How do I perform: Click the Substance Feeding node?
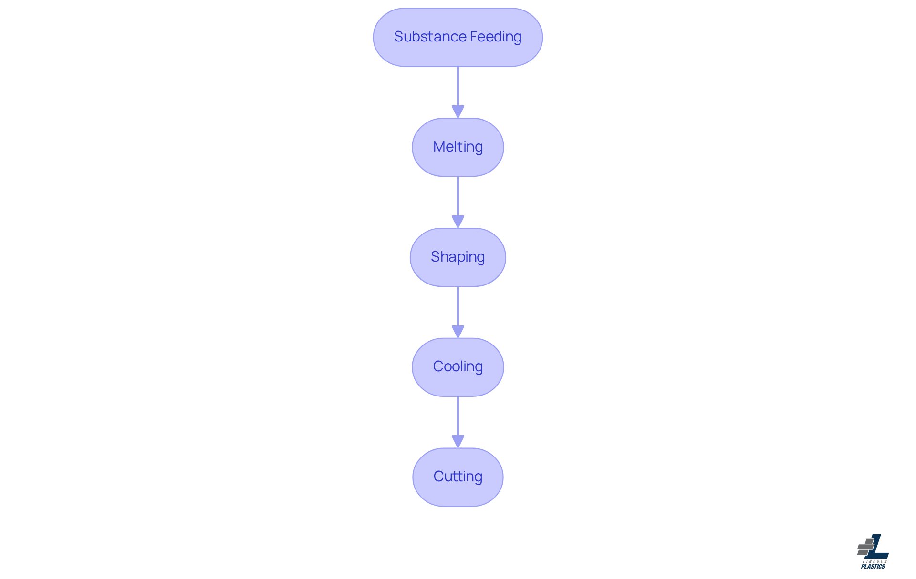pyautogui.click(x=458, y=37)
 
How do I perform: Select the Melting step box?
pyautogui.click(x=458, y=147)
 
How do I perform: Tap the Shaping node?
pyautogui.click(x=458, y=257)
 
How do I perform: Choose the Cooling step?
pyautogui.click(x=458, y=367)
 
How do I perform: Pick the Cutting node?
pyautogui.click(x=458, y=477)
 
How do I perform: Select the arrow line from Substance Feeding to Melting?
pyautogui.click(x=458, y=92)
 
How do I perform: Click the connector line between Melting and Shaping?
pyautogui.click(x=458, y=203)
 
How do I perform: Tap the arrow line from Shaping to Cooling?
pyautogui.click(x=458, y=313)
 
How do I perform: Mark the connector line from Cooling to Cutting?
pyautogui.click(x=458, y=422)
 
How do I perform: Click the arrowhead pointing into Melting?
pyautogui.click(x=458, y=112)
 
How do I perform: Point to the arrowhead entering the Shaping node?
pyautogui.click(x=458, y=222)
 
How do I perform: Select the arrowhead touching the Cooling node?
pyautogui.click(x=458, y=332)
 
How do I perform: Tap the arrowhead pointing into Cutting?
pyautogui.click(x=458, y=442)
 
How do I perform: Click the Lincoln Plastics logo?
pyautogui.click(x=873, y=551)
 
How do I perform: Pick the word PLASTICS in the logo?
pyautogui.click(x=873, y=567)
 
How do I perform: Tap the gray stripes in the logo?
pyautogui.click(x=865, y=547)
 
